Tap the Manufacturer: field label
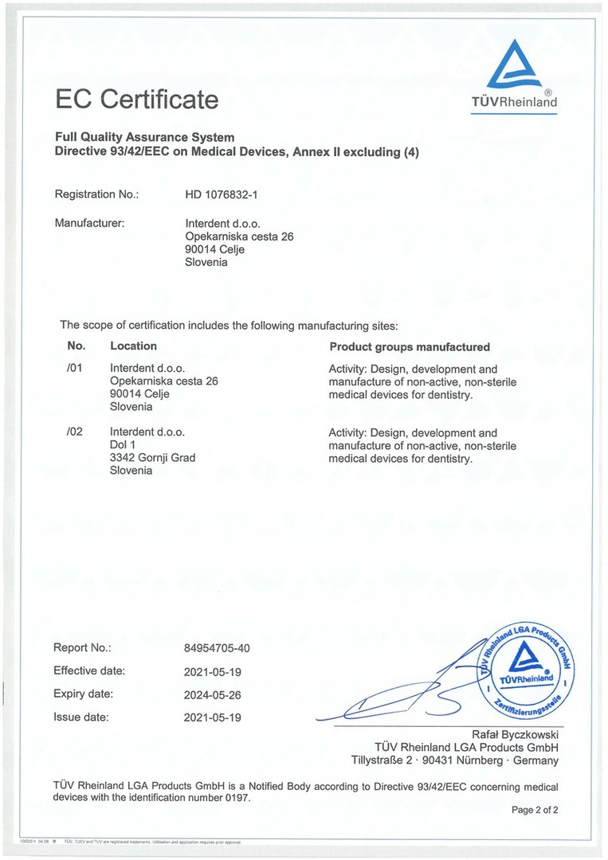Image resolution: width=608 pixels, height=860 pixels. point(89,223)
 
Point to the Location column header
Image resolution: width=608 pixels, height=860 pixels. point(133,346)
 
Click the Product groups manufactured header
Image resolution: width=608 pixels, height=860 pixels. point(409,346)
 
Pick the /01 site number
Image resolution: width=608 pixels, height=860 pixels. point(76,369)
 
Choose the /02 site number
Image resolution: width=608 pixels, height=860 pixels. point(76,432)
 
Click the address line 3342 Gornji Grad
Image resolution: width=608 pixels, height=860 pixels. point(152,457)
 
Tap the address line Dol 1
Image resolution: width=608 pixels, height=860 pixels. point(122,444)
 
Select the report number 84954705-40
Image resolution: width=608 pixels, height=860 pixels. point(217,648)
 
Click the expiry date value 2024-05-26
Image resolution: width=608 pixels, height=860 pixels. point(212,694)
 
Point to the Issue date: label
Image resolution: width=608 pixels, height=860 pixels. point(80,717)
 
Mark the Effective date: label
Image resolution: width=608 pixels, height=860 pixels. point(89,670)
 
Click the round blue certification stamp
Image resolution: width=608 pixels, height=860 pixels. point(525,666)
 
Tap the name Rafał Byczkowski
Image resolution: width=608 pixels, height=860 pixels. point(516,734)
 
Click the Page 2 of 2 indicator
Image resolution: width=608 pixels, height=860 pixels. point(535,810)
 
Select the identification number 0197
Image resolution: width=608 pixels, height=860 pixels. point(237,798)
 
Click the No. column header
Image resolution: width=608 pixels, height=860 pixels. point(76,346)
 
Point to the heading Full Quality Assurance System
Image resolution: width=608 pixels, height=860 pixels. point(144,138)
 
